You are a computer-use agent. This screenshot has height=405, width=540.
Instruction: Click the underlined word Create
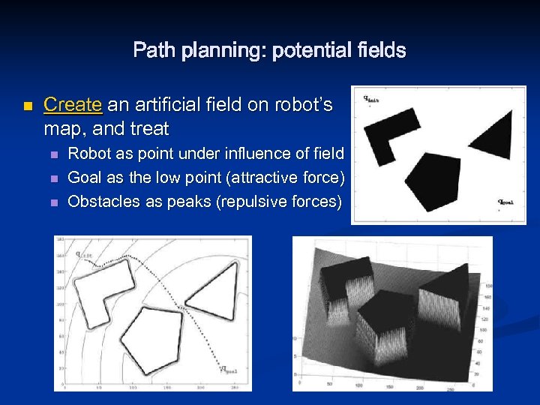73,105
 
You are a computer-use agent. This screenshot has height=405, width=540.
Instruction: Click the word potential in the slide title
306,51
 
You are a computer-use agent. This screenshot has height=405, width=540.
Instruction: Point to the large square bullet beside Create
28,106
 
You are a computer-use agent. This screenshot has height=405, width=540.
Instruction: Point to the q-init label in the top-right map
370,97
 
